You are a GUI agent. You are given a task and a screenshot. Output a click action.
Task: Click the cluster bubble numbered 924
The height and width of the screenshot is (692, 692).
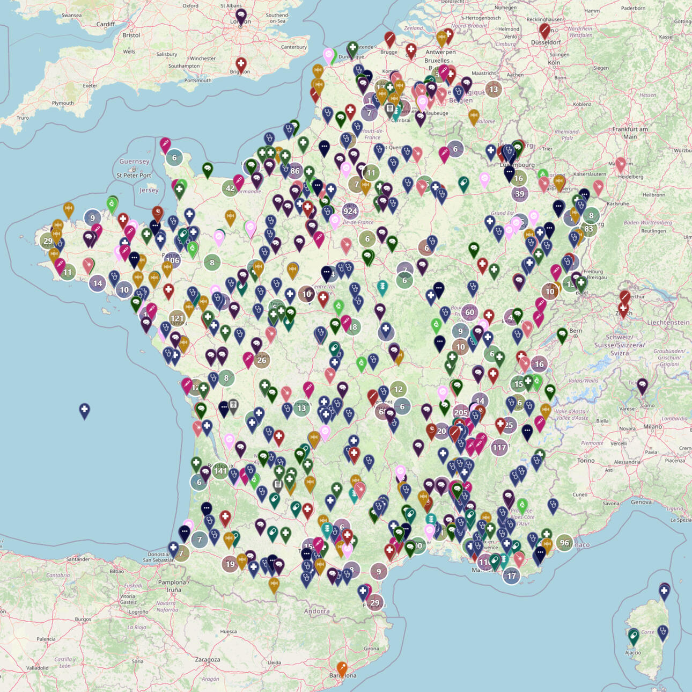click(350, 211)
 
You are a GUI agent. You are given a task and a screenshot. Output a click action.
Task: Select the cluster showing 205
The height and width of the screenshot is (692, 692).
click(461, 412)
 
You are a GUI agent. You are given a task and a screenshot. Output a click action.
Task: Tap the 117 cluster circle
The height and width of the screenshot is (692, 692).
click(499, 447)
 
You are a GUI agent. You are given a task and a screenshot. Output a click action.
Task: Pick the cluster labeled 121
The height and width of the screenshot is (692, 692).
click(177, 318)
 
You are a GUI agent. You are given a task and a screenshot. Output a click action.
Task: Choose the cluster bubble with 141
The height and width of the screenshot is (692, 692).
click(220, 471)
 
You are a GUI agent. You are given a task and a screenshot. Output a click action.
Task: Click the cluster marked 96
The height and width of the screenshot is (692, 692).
click(564, 542)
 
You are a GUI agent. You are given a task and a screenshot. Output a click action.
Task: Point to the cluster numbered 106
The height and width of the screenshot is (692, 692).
click(172, 260)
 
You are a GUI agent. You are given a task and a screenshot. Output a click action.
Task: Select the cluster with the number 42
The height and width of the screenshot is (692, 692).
click(230, 188)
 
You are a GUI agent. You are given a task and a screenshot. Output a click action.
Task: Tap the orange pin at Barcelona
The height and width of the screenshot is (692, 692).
click(342, 669)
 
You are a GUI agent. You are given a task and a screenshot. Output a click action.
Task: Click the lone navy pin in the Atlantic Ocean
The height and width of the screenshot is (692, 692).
click(84, 410)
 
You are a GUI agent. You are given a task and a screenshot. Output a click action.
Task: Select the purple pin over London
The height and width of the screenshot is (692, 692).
click(241, 16)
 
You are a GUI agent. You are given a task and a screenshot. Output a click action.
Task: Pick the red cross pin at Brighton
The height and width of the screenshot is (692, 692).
click(241, 64)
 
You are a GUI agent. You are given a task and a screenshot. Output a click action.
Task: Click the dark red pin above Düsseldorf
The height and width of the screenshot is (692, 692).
click(544, 30)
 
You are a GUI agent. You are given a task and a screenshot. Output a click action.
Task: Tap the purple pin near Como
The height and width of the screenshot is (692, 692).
click(642, 385)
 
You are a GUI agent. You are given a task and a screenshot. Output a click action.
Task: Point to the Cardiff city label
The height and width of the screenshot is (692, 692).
click(106, 24)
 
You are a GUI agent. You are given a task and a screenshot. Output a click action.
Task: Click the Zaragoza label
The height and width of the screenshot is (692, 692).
click(208, 659)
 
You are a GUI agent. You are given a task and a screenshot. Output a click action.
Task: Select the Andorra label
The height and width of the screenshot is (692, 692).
click(316, 611)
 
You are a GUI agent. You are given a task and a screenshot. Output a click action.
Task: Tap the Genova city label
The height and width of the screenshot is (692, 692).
click(641, 502)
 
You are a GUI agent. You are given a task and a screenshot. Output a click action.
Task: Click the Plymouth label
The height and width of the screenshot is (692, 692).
click(63, 103)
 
